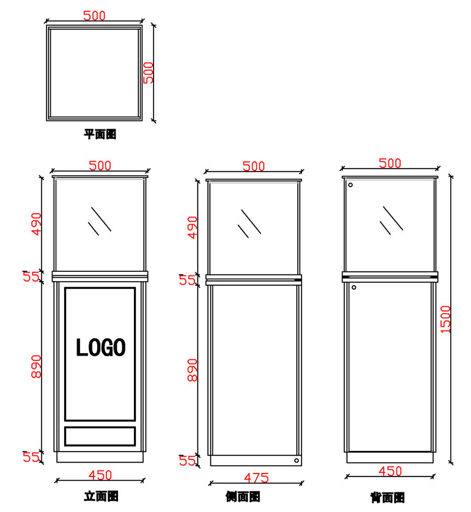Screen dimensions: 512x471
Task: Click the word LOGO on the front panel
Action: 100,348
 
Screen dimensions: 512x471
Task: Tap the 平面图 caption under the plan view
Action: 100,134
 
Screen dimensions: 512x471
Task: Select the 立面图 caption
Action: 101,496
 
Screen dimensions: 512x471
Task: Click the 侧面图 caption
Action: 242,497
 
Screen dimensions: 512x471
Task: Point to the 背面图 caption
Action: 387,497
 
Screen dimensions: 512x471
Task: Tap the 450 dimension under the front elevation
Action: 100,475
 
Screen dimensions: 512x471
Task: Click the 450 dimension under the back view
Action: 390,471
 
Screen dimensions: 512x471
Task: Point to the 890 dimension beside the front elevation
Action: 37,365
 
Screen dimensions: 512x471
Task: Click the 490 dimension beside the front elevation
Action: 37,224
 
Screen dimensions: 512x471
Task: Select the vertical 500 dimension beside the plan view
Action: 149,73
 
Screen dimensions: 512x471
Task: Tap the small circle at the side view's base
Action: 296,461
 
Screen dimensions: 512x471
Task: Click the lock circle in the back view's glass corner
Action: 350,185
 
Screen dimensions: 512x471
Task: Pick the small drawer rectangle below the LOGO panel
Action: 100,436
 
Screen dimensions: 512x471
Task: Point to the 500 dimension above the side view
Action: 254,166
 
